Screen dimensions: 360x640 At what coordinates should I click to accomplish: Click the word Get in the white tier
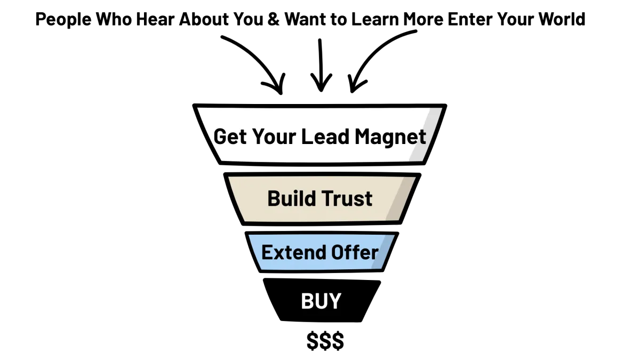[x=230, y=137]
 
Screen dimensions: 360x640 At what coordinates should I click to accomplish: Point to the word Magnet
[x=390, y=137]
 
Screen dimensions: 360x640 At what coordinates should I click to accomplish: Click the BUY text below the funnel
[x=321, y=301]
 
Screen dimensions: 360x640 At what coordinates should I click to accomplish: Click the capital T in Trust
[x=329, y=198]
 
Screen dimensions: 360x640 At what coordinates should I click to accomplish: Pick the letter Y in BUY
[x=334, y=301]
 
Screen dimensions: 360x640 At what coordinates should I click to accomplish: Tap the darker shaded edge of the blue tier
[x=386, y=252]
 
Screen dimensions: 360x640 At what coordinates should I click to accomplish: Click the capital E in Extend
[x=267, y=252]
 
